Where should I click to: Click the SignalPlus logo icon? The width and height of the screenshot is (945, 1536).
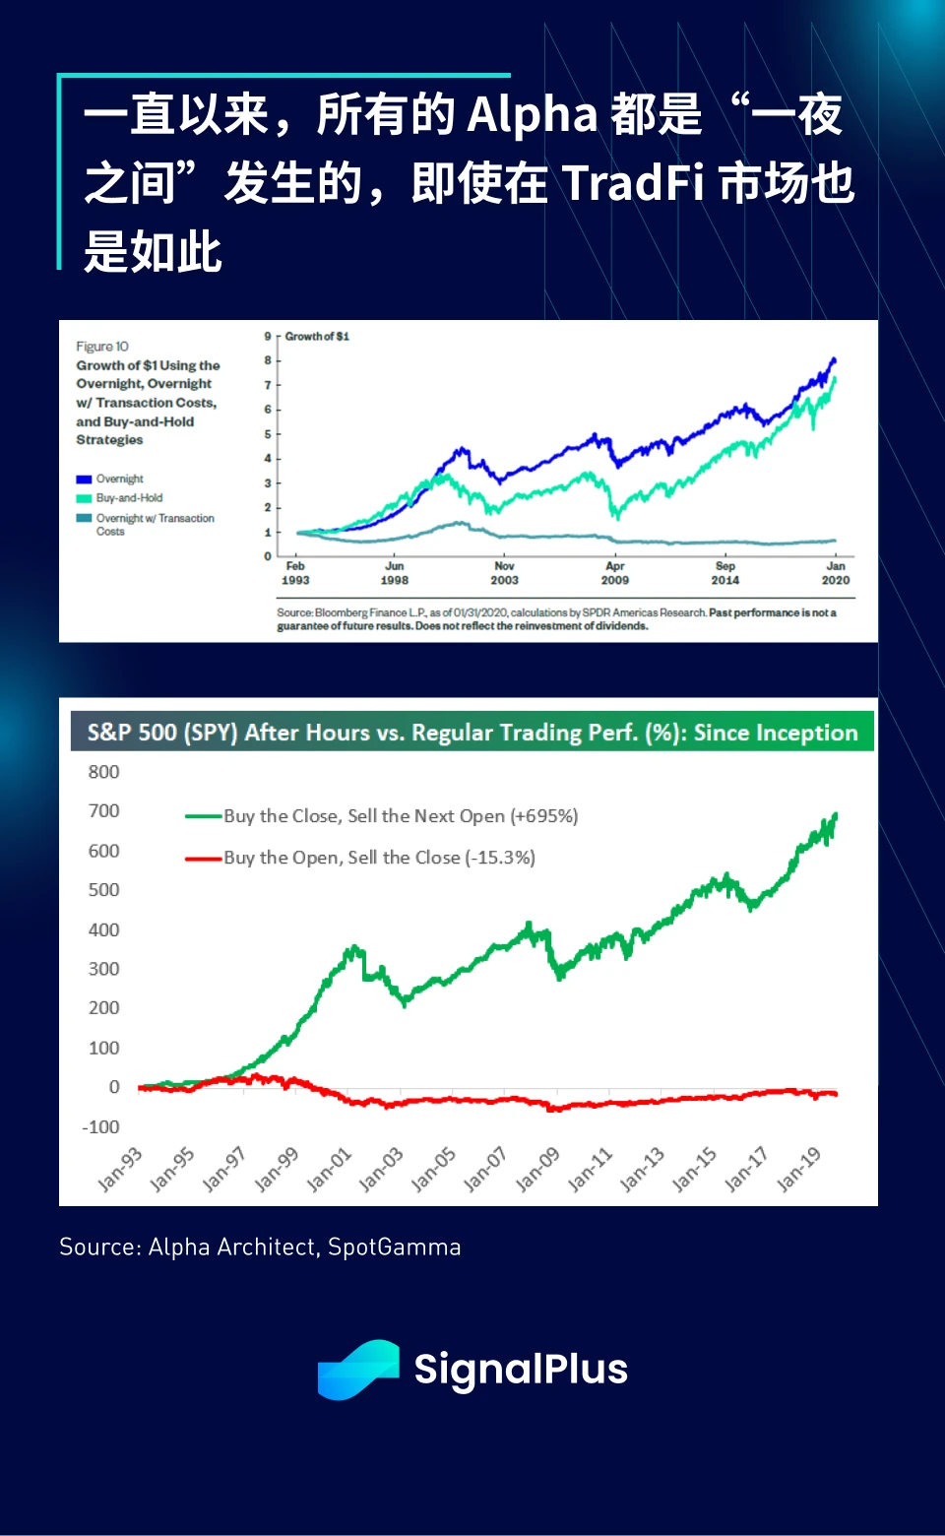pyautogui.click(x=358, y=1370)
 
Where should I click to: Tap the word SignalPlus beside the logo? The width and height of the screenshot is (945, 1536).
pyautogui.click(x=521, y=1370)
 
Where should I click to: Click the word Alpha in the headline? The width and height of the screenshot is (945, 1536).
pyautogui.click(x=532, y=115)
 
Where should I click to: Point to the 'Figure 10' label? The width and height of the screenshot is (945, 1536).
pyautogui.click(x=102, y=347)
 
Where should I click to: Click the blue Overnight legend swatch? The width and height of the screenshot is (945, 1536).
pyautogui.click(x=84, y=480)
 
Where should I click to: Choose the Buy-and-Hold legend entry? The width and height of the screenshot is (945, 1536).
pyautogui.click(x=129, y=498)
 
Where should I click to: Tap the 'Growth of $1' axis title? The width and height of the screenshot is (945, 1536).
pyautogui.click(x=317, y=337)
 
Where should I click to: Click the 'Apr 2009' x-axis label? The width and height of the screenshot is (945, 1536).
pyautogui.click(x=615, y=573)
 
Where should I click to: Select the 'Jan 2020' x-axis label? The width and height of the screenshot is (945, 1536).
pyautogui.click(x=836, y=573)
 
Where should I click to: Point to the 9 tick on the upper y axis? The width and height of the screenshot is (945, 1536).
pyautogui.click(x=268, y=337)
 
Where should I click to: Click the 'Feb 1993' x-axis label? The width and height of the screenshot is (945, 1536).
pyautogui.click(x=295, y=573)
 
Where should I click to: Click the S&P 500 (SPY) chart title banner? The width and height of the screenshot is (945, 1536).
pyautogui.click(x=472, y=733)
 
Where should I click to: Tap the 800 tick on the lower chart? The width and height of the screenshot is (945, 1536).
pyautogui.click(x=103, y=772)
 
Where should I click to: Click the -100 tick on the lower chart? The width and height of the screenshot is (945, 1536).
pyautogui.click(x=100, y=1127)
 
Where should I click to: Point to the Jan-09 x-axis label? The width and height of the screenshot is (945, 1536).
pyautogui.click(x=537, y=1169)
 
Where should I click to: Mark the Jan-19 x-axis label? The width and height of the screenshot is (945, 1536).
pyautogui.click(x=798, y=1169)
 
